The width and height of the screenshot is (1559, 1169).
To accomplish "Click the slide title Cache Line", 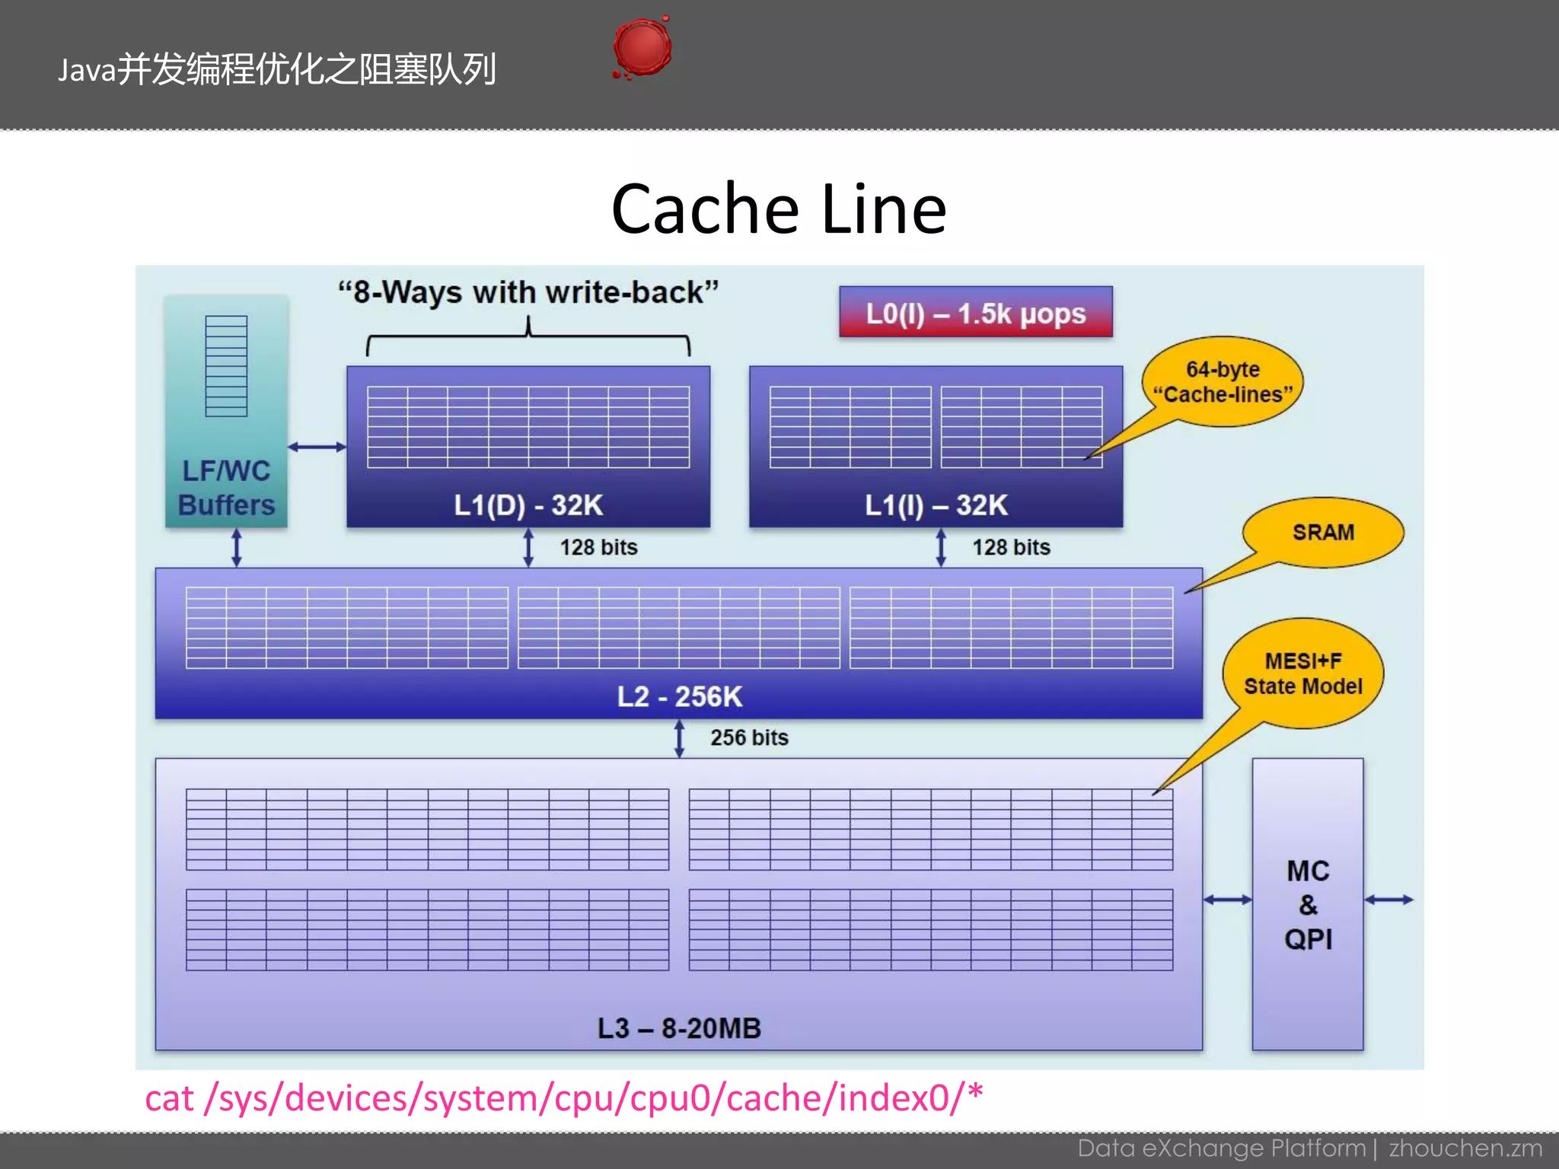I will (779, 209).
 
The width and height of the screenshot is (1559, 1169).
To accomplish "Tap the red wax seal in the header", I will (642, 47).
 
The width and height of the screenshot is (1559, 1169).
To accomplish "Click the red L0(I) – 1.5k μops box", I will (975, 312).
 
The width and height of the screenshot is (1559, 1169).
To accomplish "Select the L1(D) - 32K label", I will (528, 505).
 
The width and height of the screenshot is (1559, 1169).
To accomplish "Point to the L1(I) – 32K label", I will (936, 505).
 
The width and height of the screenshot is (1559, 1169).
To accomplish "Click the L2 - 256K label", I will (679, 696).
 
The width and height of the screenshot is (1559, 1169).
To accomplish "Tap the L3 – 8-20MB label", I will (679, 1027).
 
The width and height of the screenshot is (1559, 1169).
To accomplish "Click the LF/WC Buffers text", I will (226, 488).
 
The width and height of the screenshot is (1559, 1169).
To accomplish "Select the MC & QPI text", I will (1308, 904).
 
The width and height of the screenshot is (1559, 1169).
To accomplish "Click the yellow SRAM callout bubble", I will (1323, 532).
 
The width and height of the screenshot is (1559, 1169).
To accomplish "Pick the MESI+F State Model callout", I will (1303, 673).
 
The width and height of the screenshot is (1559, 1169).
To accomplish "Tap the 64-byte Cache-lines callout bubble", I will (1223, 381).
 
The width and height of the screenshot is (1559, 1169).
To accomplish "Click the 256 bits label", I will (749, 737).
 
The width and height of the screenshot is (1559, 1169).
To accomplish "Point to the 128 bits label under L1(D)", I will (598, 546).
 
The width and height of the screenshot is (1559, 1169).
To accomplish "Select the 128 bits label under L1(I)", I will (1011, 546).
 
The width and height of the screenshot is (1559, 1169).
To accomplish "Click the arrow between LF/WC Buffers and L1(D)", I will (317, 447).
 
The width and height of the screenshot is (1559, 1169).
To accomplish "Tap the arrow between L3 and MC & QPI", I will (1227, 900).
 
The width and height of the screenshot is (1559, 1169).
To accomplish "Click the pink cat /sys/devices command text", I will (563, 1097).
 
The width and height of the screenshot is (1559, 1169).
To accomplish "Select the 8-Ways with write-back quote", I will (528, 292).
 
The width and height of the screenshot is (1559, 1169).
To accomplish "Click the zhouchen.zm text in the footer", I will (1465, 1148).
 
